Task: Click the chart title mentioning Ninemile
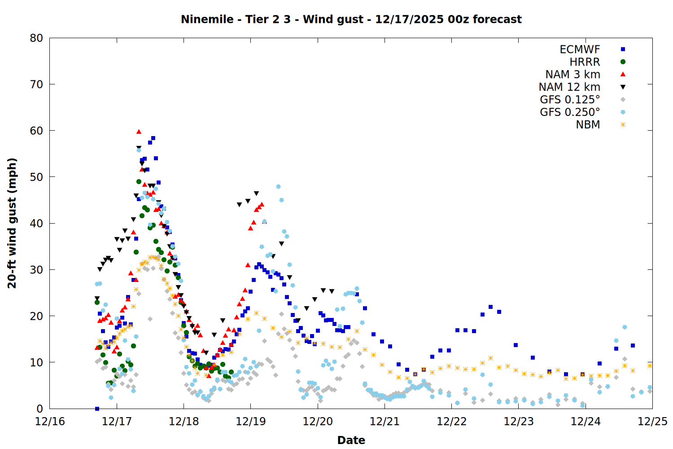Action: click(351, 19)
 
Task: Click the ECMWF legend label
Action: click(580, 49)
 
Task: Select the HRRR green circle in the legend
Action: click(623, 62)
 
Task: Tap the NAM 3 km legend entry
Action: click(572, 75)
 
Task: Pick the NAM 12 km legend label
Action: click(569, 87)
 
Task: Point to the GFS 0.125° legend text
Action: click(570, 100)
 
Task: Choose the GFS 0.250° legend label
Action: click(570, 112)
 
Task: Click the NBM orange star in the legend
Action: click(623, 125)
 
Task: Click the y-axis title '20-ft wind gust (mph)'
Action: click(12, 223)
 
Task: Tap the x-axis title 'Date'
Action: click(351, 440)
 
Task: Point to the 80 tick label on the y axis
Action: click(36, 38)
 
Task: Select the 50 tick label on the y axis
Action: click(36, 177)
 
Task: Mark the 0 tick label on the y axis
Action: click(39, 409)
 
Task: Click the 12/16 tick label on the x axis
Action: click(50, 422)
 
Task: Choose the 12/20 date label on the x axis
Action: click(318, 422)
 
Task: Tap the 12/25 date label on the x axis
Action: click(652, 422)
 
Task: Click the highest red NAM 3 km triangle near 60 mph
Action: click(139, 132)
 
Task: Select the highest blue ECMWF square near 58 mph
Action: click(153, 138)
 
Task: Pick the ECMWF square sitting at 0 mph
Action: click(97, 409)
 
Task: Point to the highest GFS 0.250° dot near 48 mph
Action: click(278, 186)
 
